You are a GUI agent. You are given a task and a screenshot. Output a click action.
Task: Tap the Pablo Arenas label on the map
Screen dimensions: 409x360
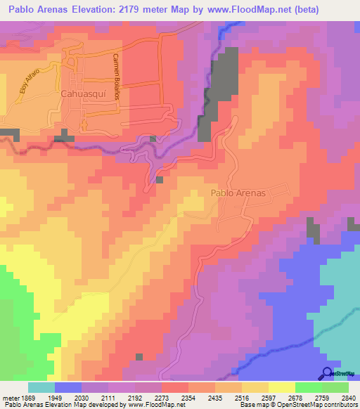point(238,193)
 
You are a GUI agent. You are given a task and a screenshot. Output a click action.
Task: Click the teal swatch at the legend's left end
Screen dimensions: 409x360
point(41,387)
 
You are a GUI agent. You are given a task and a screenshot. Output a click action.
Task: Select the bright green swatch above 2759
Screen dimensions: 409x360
point(309,387)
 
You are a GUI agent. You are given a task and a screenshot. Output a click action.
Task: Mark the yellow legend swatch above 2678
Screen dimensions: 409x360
point(282,387)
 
